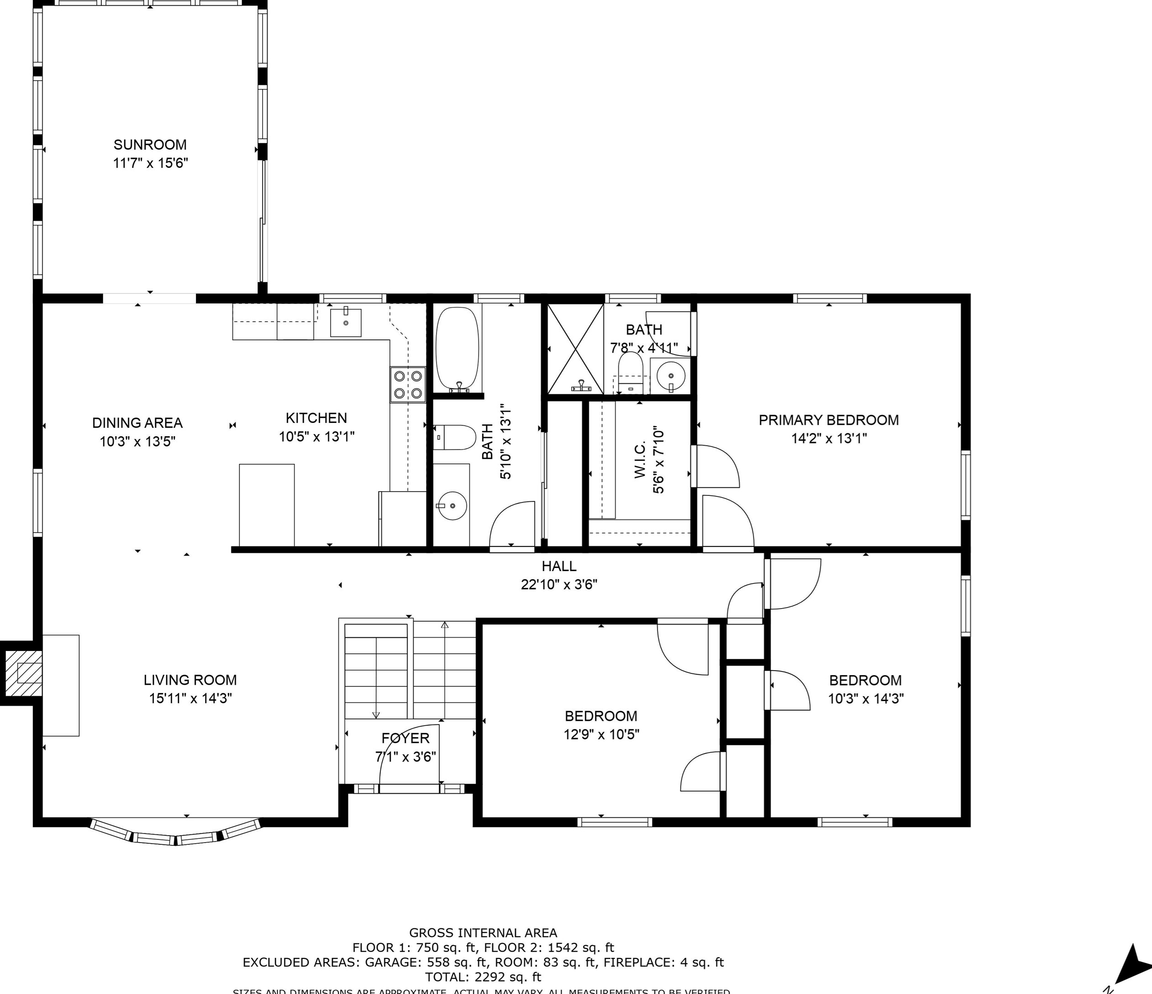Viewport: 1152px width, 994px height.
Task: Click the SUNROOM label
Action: coord(150,145)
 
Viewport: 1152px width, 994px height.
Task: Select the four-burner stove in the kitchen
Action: coord(408,384)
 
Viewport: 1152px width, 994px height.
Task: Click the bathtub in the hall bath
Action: coord(457,349)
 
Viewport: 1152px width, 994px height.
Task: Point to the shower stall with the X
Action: coord(575,349)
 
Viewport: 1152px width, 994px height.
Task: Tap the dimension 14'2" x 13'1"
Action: coord(828,439)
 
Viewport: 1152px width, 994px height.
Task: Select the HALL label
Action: coord(559,566)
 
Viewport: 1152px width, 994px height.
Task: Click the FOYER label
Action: coord(405,739)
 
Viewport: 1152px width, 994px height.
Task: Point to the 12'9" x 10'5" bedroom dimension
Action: coord(601,734)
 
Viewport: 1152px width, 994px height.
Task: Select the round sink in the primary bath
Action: coord(671,375)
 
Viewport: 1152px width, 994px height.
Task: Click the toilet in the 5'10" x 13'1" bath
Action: coord(454,437)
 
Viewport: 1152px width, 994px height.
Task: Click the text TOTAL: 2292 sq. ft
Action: coord(483,977)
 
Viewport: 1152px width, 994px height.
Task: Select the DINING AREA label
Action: coord(137,423)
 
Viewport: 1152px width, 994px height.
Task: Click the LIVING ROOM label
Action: coord(190,680)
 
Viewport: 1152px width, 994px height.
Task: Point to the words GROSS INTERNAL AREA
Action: coord(483,933)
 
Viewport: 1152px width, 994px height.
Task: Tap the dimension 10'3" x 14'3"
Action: coord(866,699)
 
